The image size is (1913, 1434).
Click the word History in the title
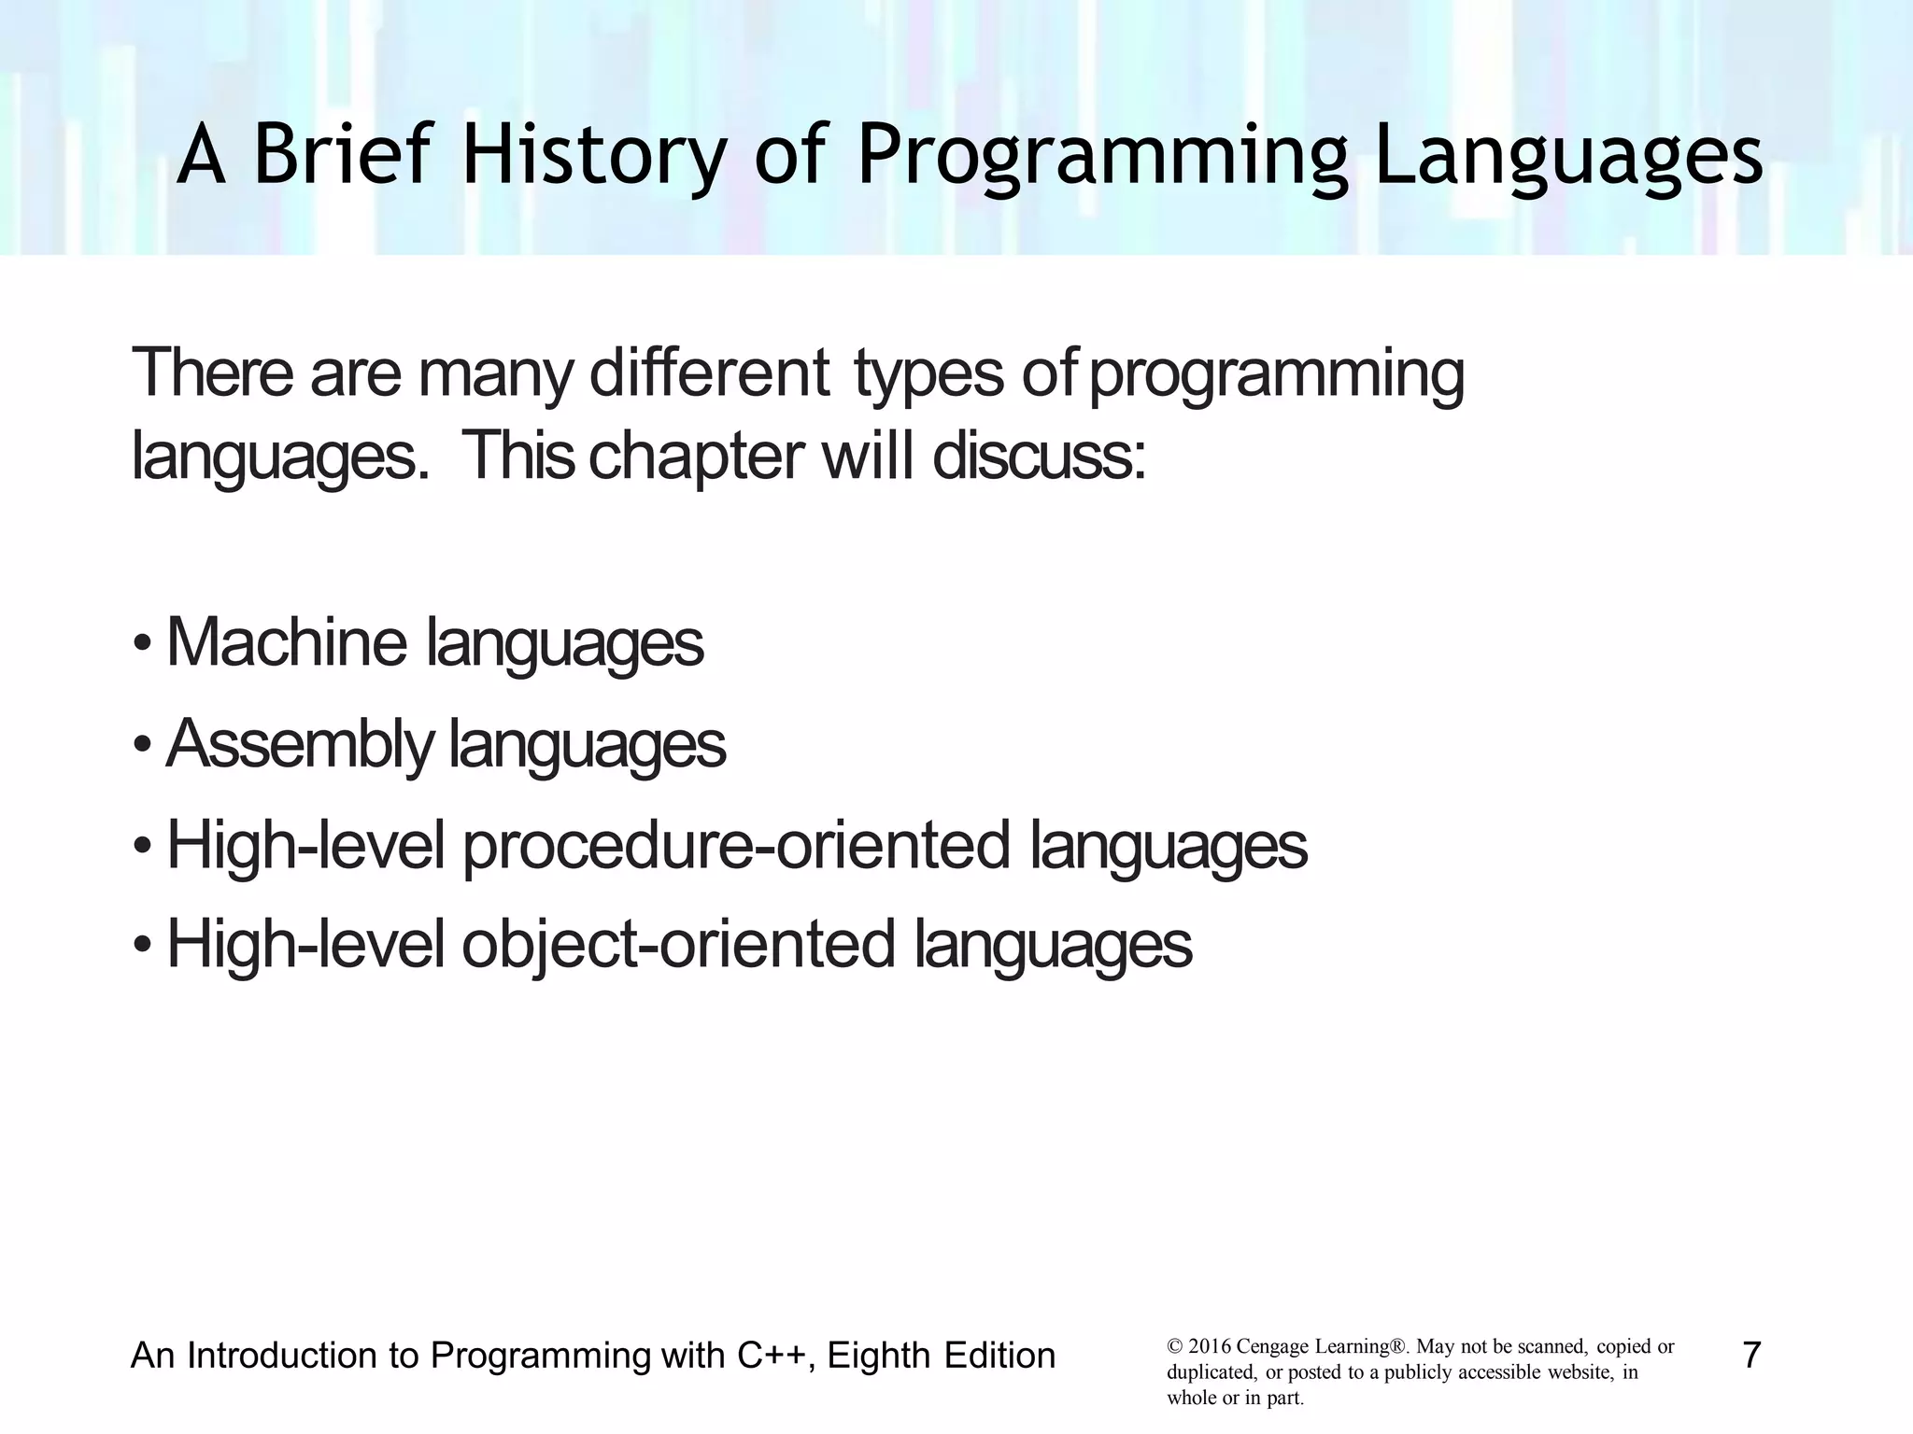coord(592,156)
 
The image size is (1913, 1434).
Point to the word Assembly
coord(299,744)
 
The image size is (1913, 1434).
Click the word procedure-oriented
coord(736,845)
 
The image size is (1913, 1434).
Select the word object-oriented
coord(677,944)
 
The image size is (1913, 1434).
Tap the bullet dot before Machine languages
coord(141,645)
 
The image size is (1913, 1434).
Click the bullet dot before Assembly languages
coord(141,746)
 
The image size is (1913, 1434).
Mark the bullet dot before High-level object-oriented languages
coord(141,947)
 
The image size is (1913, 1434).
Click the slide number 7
coord(1751,1356)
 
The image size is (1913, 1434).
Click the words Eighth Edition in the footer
coord(941,1356)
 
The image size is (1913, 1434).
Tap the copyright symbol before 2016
coord(1174,1347)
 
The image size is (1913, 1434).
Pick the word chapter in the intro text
coord(696,457)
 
